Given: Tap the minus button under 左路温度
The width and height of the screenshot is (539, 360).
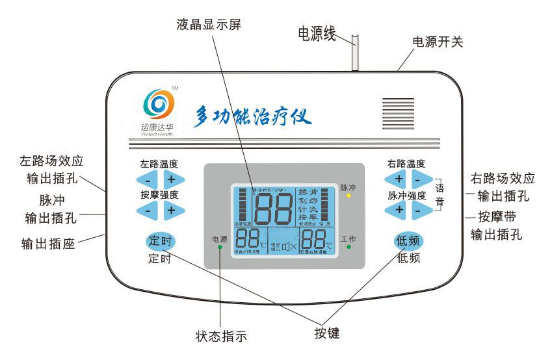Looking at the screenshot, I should (x=148, y=179).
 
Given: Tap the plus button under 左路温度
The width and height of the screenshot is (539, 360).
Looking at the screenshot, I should (x=172, y=179).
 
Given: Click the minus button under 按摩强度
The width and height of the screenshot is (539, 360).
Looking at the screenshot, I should (x=148, y=210).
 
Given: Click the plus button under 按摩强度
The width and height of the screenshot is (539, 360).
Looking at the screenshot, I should (x=172, y=210).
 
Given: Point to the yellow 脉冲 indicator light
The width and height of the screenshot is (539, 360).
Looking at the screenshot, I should (x=348, y=195).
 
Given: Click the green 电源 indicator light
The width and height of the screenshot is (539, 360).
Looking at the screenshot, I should (x=220, y=248).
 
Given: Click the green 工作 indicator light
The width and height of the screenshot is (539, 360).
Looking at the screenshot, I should (x=348, y=248).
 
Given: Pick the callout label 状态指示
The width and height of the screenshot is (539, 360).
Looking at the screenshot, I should (x=221, y=337).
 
